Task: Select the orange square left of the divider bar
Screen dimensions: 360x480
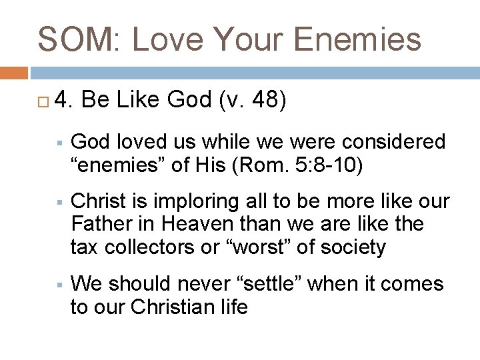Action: click(13, 73)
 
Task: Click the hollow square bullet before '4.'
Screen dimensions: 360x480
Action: click(43, 101)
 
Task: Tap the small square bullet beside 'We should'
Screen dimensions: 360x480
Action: click(59, 285)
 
